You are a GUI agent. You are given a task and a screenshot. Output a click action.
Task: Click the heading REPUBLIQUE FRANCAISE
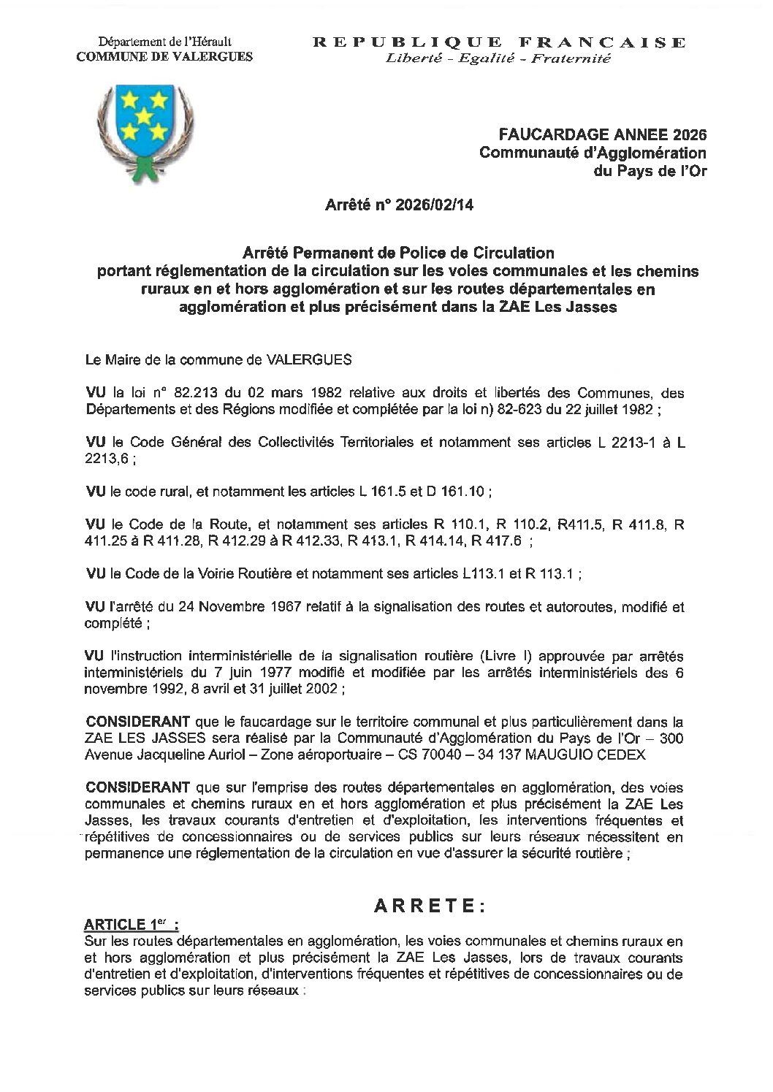(500, 42)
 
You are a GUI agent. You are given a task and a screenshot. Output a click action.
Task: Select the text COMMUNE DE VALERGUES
(165, 57)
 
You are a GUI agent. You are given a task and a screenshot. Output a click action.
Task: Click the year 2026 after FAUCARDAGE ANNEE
(690, 134)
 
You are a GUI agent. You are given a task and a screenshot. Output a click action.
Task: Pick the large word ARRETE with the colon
(429, 906)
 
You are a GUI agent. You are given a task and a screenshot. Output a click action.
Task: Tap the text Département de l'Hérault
(165, 43)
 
